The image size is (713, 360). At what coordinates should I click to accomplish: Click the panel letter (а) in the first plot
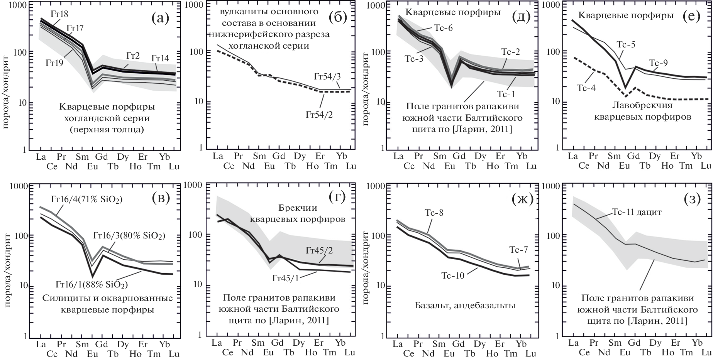[x=160, y=18]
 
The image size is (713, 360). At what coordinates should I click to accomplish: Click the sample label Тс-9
[x=658, y=63]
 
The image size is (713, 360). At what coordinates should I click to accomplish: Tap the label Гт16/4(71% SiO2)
[x=86, y=199]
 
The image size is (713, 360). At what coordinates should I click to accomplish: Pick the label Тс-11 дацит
[x=637, y=212]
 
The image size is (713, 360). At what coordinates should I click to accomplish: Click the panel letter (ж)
[x=522, y=199]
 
